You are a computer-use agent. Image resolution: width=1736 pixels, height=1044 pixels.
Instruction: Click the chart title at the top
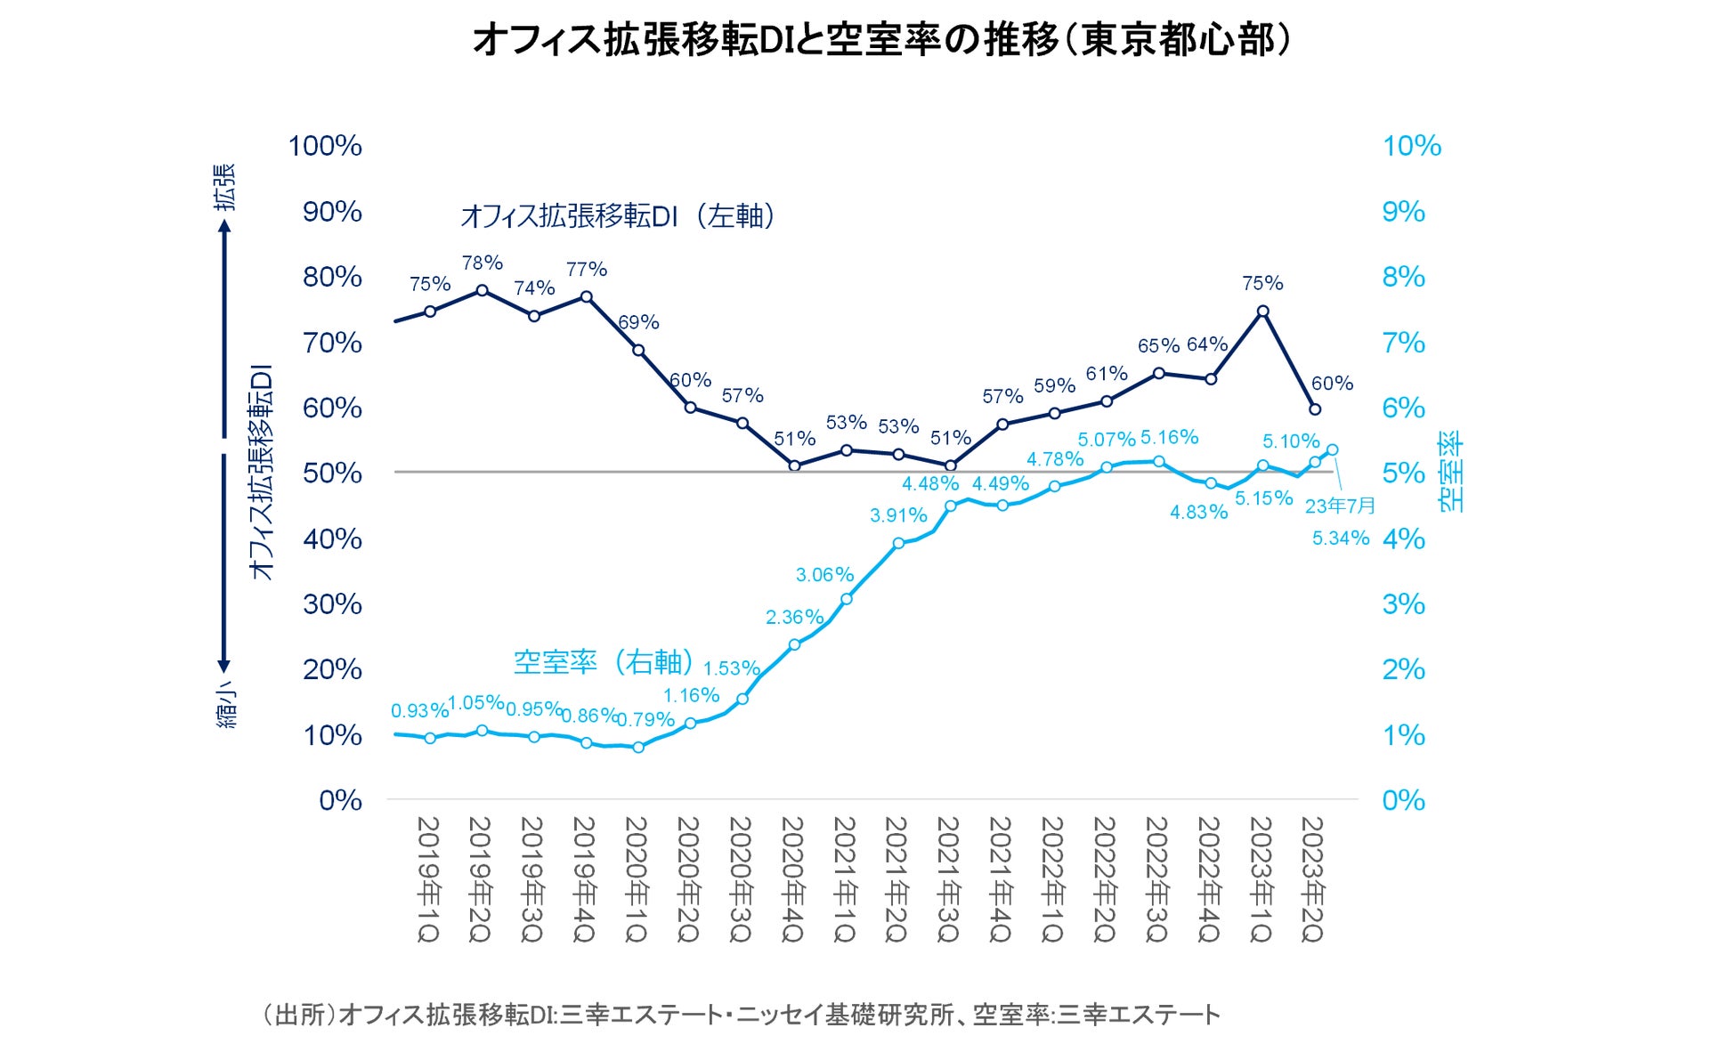coord(881,40)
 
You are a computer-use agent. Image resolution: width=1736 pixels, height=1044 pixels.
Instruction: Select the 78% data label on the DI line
coord(483,263)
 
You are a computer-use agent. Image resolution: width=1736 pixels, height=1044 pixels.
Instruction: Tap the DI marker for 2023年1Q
coord(1262,312)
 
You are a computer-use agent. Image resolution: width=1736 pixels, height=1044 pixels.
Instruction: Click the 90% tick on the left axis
coord(331,212)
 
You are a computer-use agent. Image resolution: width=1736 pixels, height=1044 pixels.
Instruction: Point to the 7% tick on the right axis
coord(1403,343)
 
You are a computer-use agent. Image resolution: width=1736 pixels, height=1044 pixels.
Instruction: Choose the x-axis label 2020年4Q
coord(792,878)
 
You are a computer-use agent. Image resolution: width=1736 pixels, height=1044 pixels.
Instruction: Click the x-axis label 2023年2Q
coord(1313,878)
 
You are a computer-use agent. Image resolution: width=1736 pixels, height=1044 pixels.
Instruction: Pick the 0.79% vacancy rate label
coord(645,719)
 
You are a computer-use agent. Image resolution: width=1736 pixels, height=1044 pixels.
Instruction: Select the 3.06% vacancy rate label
coord(824,575)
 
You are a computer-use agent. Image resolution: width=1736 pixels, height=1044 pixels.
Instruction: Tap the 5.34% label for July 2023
coord(1340,538)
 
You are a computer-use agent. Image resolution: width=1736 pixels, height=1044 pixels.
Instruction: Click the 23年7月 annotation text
coord(1340,506)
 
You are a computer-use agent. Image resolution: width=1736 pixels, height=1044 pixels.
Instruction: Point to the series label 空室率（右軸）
coord(604,661)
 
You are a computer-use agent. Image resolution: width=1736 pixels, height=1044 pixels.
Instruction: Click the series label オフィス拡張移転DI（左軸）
coord(619,215)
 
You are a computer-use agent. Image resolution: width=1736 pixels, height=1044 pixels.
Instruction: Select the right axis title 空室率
coord(1450,472)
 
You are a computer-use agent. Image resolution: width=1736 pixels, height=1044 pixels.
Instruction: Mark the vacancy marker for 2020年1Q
coord(638,748)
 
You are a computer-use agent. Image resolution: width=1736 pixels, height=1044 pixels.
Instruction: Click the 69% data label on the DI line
coord(639,322)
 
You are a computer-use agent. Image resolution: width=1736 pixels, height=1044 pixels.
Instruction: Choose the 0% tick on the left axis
coord(340,800)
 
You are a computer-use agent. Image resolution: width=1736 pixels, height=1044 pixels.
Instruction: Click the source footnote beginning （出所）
coord(741,1014)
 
